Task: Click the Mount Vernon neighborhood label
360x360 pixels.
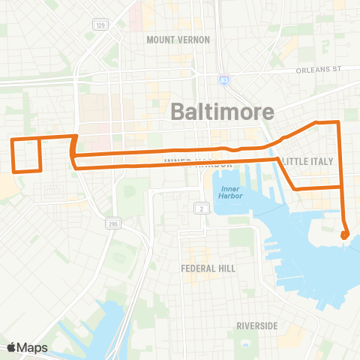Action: click(178, 39)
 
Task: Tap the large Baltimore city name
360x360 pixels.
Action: click(223, 111)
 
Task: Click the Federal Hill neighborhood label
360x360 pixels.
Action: click(208, 268)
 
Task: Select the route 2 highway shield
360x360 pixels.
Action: click(201, 208)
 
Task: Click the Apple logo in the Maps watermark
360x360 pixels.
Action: click(13, 347)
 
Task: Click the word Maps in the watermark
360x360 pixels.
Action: click(34, 347)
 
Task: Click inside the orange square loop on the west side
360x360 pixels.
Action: click(25, 155)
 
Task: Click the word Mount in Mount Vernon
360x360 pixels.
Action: click(160, 39)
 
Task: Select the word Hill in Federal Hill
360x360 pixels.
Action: click(226, 268)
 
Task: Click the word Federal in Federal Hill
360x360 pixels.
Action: click(198, 268)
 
